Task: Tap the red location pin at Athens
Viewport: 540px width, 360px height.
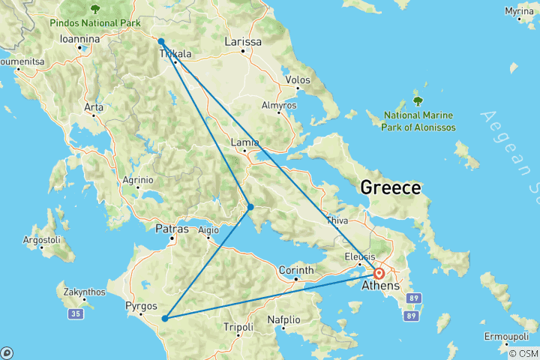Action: click(x=379, y=274)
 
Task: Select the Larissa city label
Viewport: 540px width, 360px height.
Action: click(x=244, y=42)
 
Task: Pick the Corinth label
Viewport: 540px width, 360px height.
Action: click(x=299, y=269)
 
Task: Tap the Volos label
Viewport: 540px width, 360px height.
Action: click(x=298, y=79)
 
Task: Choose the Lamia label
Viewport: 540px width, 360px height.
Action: click(x=245, y=142)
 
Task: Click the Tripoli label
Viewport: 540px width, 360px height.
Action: click(x=239, y=327)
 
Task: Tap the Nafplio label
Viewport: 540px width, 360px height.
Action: click(x=284, y=320)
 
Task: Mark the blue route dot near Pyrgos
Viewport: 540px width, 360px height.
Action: click(x=164, y=318)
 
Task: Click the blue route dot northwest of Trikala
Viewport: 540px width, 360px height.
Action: click(x=161, y=41)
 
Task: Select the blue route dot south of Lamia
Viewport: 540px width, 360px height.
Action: click(x=250, y=207)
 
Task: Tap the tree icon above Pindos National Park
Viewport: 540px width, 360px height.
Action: click(x=94, y=10)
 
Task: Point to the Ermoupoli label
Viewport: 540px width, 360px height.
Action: click(x=507, y=334)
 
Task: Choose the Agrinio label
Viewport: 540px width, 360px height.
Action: click(x=138, y=180)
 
